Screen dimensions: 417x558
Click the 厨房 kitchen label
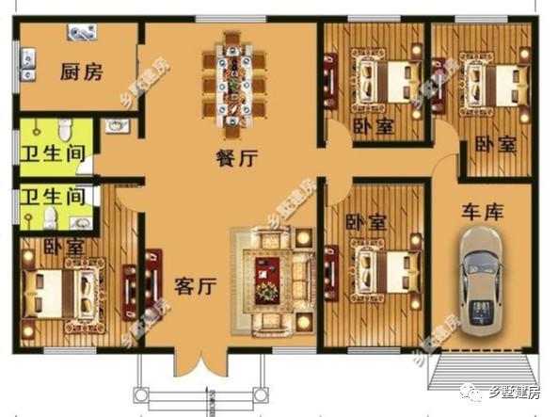pos(81,72)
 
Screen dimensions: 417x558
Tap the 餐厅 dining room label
pos(236,159)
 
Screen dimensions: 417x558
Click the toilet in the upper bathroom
pos(64,127)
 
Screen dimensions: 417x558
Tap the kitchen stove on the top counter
pos(81,33)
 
